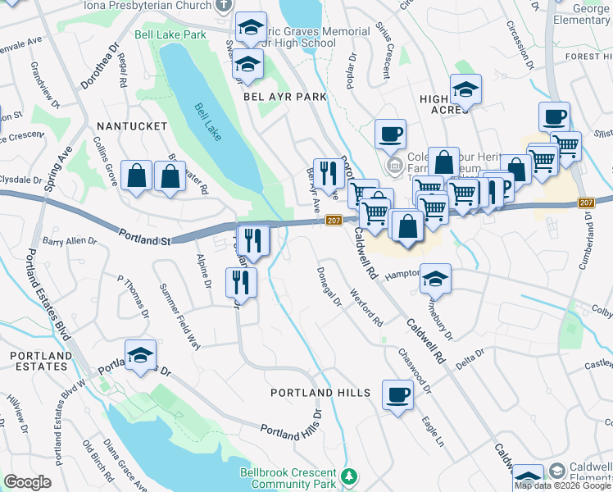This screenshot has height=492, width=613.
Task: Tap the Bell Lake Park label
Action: click(x=170, y=35)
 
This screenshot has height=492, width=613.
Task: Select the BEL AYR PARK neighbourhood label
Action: click(x=284, y=97)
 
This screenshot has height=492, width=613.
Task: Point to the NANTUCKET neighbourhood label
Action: click(x=131, y=126)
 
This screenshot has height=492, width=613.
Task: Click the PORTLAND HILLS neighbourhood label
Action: click(x=320, y=394)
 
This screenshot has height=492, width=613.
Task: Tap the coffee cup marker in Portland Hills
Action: click(x=397, y=396)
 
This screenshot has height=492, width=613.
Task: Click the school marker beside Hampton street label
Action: click(x=436, y=279)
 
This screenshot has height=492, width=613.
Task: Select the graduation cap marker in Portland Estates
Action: click(x=141, y=356)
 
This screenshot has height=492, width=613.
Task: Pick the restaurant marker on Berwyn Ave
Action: click(x=328, y=173)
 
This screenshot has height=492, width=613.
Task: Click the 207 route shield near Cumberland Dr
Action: click(x=585, y=203)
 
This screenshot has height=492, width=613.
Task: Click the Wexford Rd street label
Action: click(x=366, y=307)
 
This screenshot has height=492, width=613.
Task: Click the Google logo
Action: click(x=27, y=481)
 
